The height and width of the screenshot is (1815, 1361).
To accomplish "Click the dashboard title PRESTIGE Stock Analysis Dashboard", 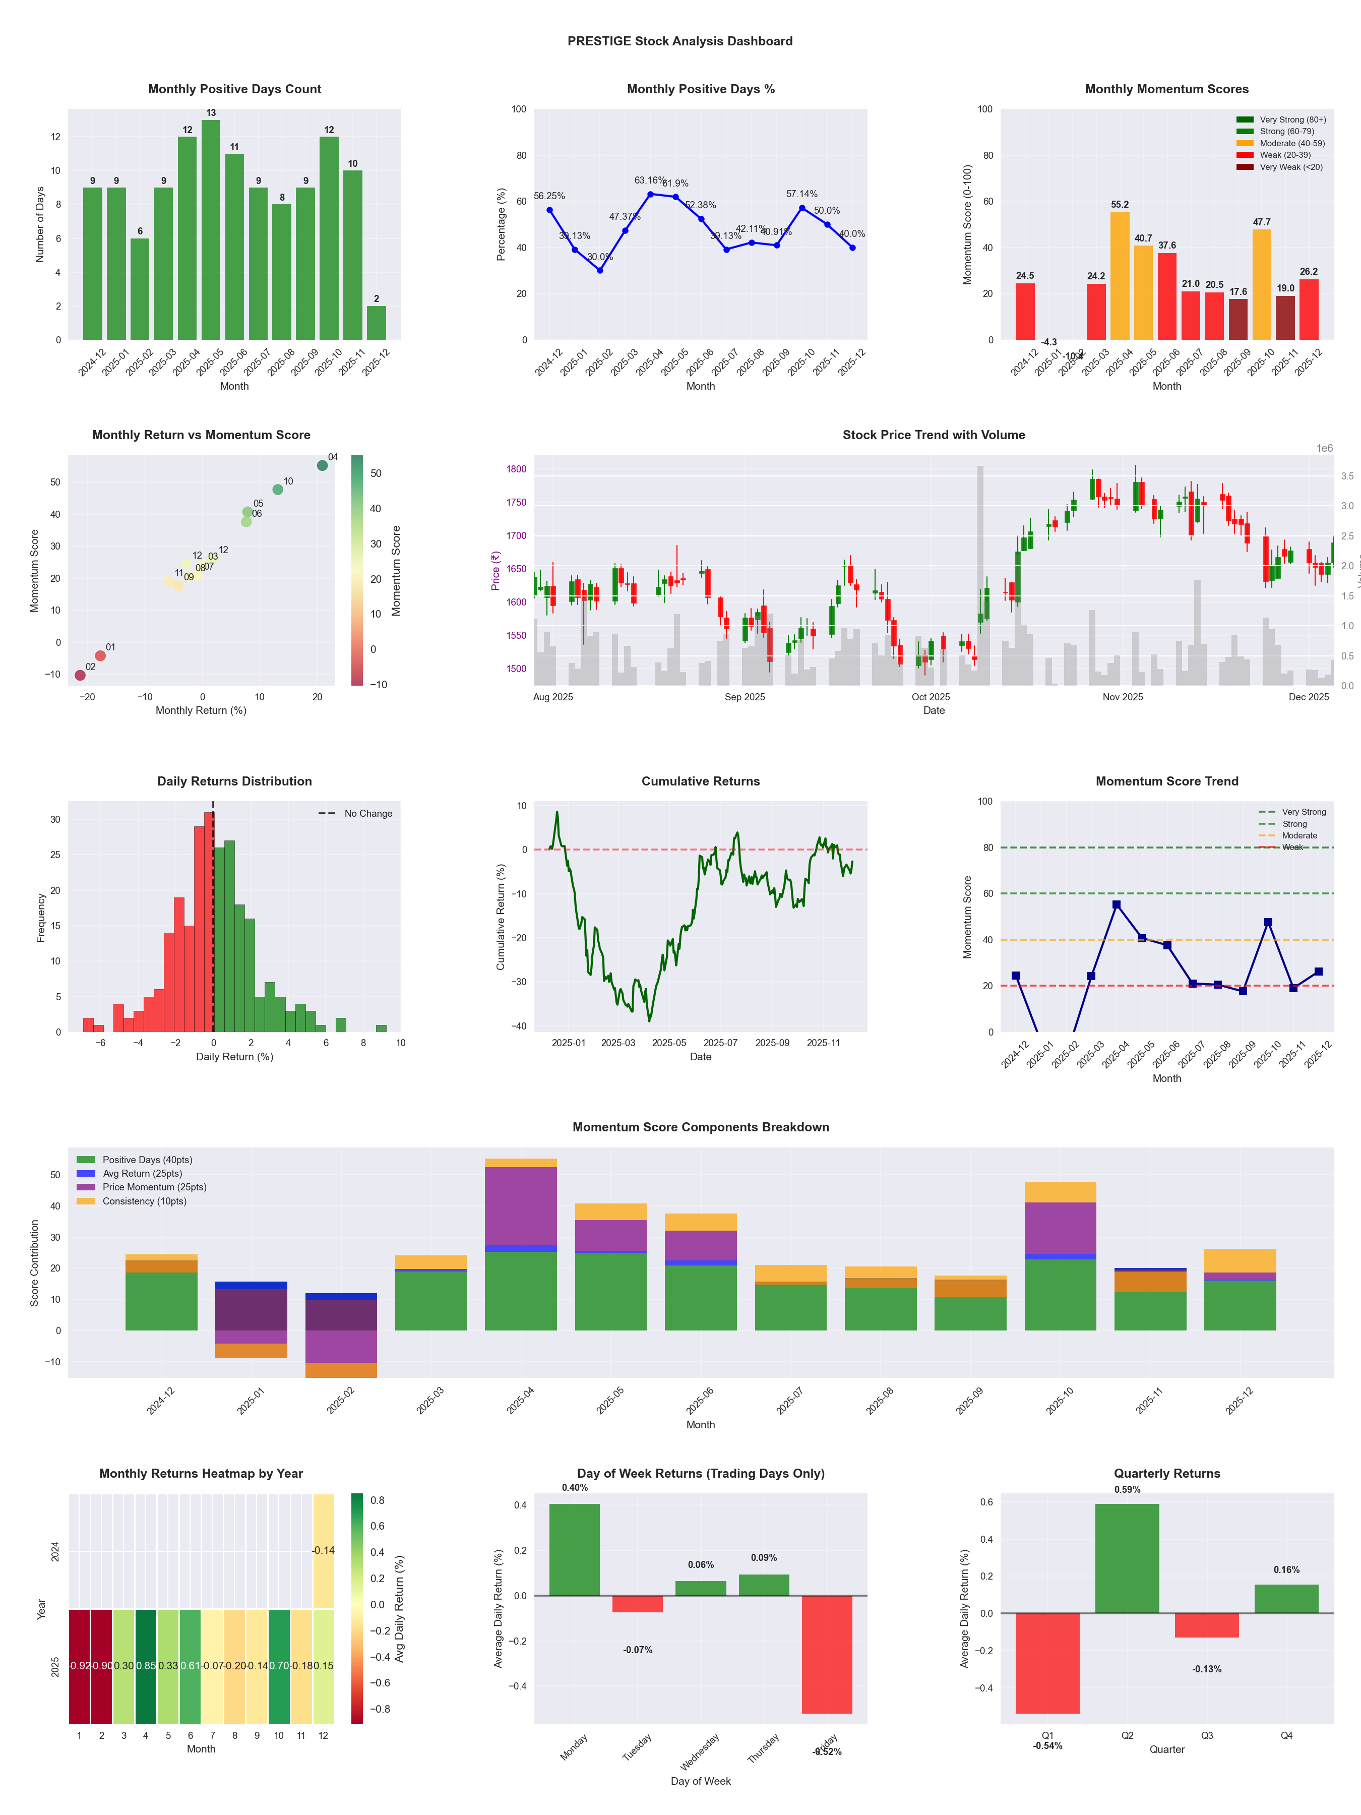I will tap(679, 41).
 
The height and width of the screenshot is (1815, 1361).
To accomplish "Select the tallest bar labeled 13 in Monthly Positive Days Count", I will tap(211, 230).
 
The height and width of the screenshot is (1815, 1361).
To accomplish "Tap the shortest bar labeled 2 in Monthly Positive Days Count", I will tap(377, 323).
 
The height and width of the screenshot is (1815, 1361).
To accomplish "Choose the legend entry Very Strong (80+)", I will tap(1292, 120).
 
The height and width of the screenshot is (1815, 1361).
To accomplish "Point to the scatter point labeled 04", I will tap(323, 465).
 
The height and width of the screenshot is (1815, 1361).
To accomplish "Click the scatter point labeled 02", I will tap(80, 675).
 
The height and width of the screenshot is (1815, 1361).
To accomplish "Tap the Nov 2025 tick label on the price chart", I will tap(1122, 697).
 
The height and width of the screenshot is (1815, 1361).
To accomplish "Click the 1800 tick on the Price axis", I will tap(516, 469).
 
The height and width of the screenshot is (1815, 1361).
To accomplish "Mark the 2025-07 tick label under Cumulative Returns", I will tap(720, 1043).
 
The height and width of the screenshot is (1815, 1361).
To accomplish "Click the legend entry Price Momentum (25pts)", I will tap(154, 1187).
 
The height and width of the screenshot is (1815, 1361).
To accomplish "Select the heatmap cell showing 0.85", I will tap(146, 1666).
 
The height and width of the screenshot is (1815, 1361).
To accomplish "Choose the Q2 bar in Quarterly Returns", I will tap(1127, 1558).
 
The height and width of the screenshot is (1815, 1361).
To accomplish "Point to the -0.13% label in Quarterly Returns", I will tap(1207, 1669).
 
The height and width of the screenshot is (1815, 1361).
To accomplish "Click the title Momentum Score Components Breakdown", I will tap(701, 1127).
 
